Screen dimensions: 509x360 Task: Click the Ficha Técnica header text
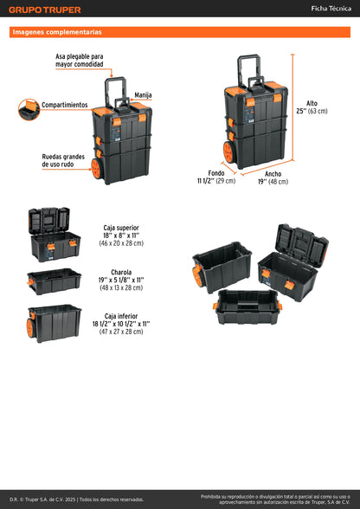tap(331, 9)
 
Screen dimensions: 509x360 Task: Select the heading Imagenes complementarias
tap(57, 32)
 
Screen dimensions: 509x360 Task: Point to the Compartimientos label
tap(64, 105)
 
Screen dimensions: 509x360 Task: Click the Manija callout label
tap(144, 94)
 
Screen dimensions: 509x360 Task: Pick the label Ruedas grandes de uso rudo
tap(62, 162)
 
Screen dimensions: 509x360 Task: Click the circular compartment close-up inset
tap(29, 109)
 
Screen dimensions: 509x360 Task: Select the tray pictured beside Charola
tap(54, 281)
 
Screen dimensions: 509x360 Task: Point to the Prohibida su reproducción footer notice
tap(275, 499)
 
